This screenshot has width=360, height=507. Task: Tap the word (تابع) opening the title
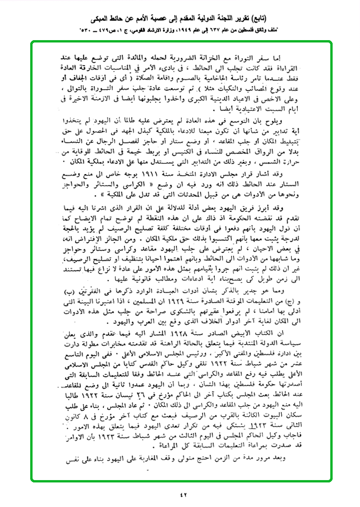pyautogui.click(x=256, y=19)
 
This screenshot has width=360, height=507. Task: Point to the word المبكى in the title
pyautogui.click(x=104, y=19)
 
